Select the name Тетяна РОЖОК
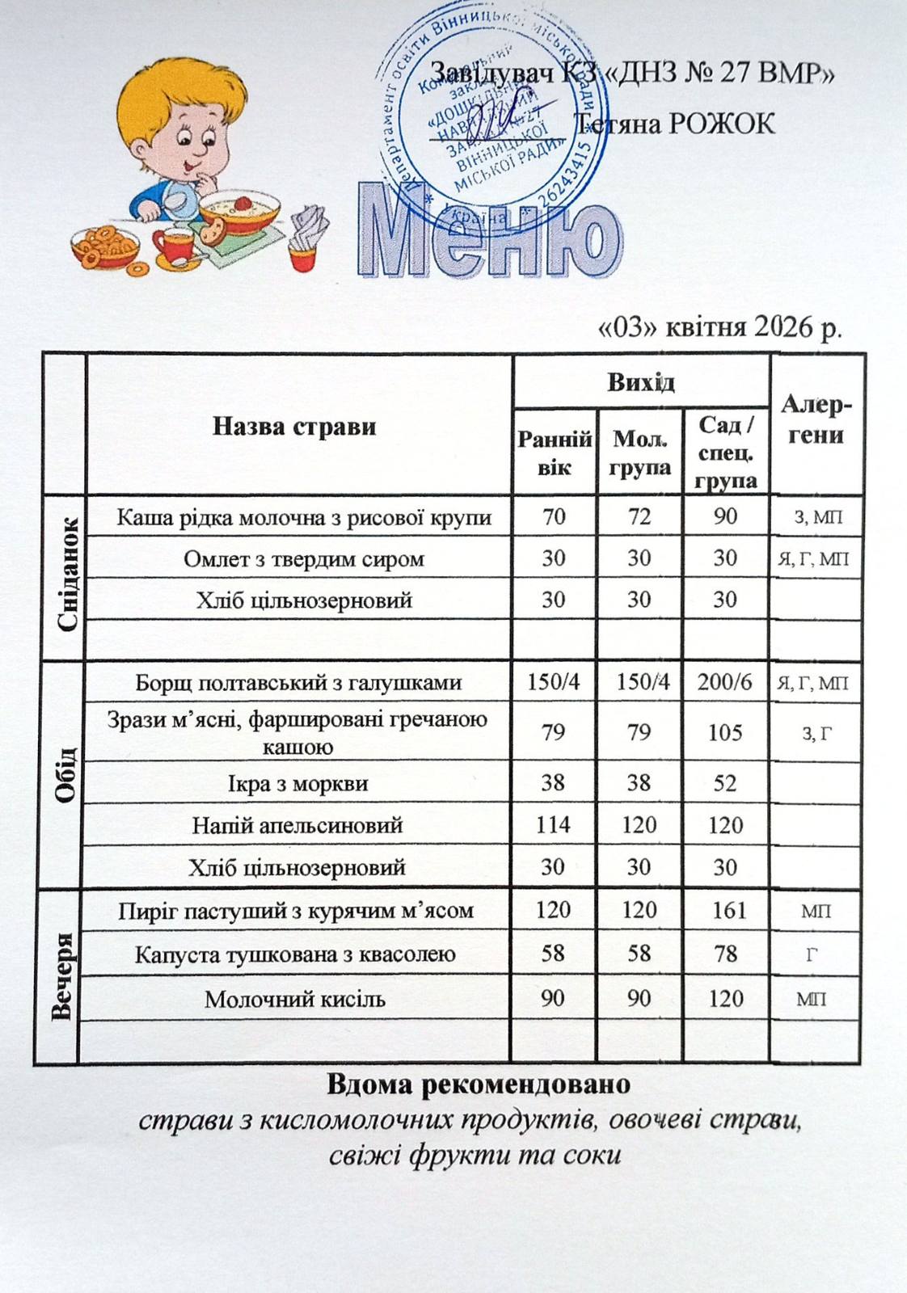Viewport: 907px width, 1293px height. pos(675,124)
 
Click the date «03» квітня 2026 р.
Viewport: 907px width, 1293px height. pos(719,327)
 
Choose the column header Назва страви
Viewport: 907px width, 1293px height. pos(294,426)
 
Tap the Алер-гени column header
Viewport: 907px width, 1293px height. pos(816,420)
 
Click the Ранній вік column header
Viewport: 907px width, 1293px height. pos(555,453)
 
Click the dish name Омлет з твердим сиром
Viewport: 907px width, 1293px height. pos(304,558)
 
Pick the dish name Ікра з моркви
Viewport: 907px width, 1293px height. pos(297,783)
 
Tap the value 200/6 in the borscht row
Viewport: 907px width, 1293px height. pos(724,682)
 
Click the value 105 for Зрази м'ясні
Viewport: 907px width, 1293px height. pos(725,732)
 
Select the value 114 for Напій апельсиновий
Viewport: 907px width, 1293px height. pos(553,824)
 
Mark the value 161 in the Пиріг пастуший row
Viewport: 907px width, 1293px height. pos(728,910)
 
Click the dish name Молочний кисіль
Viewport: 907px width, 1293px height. pos(294,999)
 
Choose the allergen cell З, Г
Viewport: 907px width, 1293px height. pos(816,733)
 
